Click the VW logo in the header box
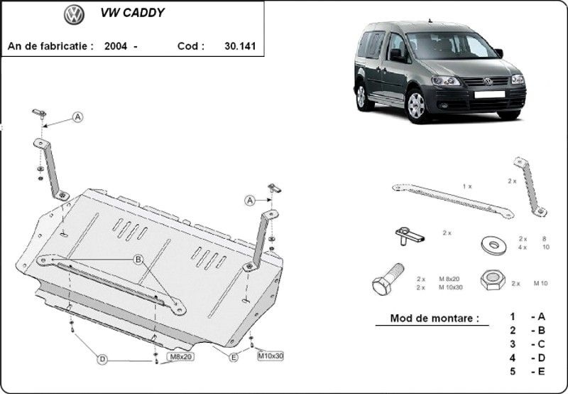click(x=74, y=15)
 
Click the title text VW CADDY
click(x=132, y=13)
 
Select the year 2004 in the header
click(x=116, y=46)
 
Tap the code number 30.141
click(x=240, y=46)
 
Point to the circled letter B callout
click(x=138, y=260)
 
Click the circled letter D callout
click(x=102, y=359)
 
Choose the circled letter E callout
click(x=234, y=357)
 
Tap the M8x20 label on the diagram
click(x=180, y=356)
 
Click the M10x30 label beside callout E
click(x=271, y=356)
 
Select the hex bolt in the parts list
click(x=388, y=279)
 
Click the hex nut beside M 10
click(x=493, y=279)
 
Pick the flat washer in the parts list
click(x=493, y=245)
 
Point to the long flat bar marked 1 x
click(x=453, y=201)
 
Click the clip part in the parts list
click(x=410, y=236)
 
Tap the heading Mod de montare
click(x=435, y=318)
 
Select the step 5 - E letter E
click(x=542, y=371)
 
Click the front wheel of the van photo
click(x=417, y=105)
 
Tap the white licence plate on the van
click(x=489, y=95)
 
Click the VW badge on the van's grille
click(x=488, y=82)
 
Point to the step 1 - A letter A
click(x=542, y=316)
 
